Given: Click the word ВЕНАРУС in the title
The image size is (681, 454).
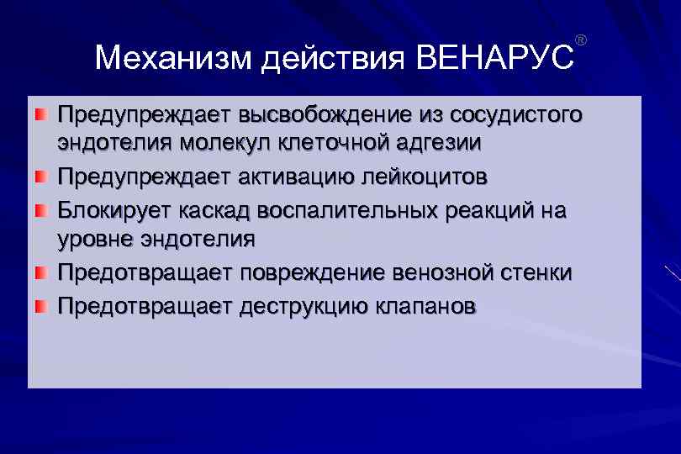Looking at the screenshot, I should point(494,59).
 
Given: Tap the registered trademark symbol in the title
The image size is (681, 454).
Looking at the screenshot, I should point(580,40).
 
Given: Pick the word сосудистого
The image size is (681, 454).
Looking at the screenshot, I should point(515,113).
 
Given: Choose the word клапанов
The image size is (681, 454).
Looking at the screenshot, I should point(423,305).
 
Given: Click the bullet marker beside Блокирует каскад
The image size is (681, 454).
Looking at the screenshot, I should point(40,209).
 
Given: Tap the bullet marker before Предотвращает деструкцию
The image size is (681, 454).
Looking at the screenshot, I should point(40,304).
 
